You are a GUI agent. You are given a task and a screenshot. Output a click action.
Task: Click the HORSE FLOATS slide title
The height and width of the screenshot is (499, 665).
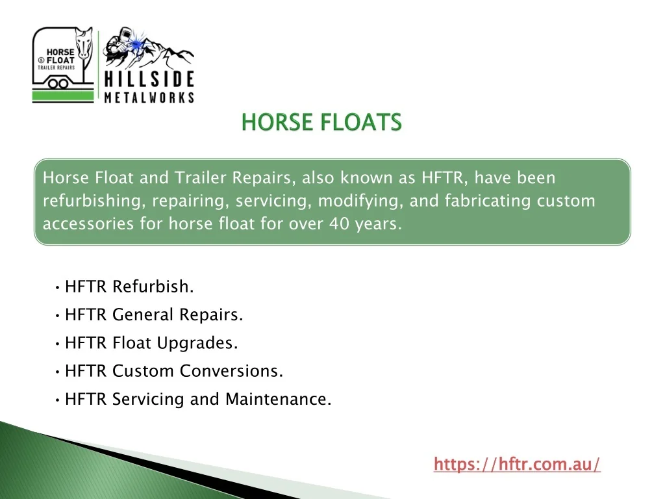[321, 122]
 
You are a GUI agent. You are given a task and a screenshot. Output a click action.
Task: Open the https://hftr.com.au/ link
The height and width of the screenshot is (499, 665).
[517, 464]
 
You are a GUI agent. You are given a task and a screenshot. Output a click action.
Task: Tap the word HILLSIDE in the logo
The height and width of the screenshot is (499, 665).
[149, 79]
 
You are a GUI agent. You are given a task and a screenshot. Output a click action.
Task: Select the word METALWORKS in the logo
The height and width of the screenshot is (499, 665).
[149, 97]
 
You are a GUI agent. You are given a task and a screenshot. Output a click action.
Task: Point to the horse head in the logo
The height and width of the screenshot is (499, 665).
[84, 44]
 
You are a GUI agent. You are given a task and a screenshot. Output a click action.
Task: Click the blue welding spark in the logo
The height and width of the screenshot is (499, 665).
[136, 44]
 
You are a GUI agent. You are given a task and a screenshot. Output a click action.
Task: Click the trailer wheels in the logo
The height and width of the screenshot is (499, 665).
[58, 83]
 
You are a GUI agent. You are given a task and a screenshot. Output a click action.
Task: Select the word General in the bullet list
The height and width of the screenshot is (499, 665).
[143, 315]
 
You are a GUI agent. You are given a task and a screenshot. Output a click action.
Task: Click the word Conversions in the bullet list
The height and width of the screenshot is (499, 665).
[232, 371]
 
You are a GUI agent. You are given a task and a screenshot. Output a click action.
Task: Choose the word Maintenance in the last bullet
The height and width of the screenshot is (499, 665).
[278, 400]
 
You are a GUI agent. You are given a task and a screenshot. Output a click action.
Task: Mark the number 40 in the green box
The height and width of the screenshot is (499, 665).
[339, 224]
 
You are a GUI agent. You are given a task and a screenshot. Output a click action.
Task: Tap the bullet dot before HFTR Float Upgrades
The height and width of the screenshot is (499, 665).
[57, 344]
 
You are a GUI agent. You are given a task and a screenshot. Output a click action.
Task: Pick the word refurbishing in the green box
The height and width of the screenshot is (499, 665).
[92, 201]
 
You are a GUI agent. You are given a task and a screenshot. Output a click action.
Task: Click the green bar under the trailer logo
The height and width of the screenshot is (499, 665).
[63, 97]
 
